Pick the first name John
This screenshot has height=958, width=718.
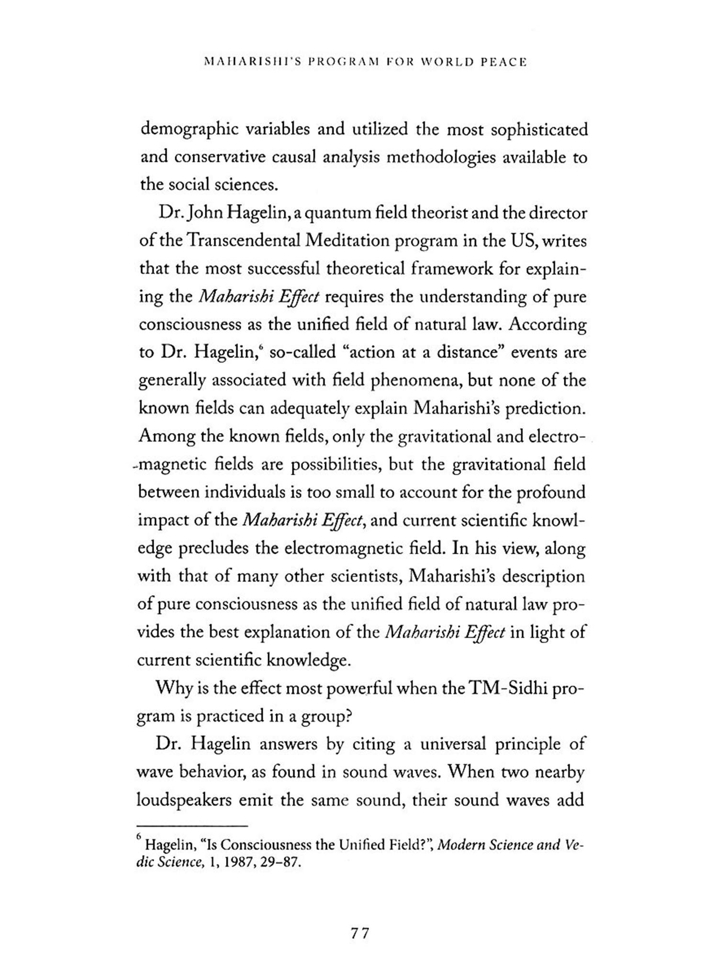(202, 213)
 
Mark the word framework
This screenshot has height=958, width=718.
(450, 269)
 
